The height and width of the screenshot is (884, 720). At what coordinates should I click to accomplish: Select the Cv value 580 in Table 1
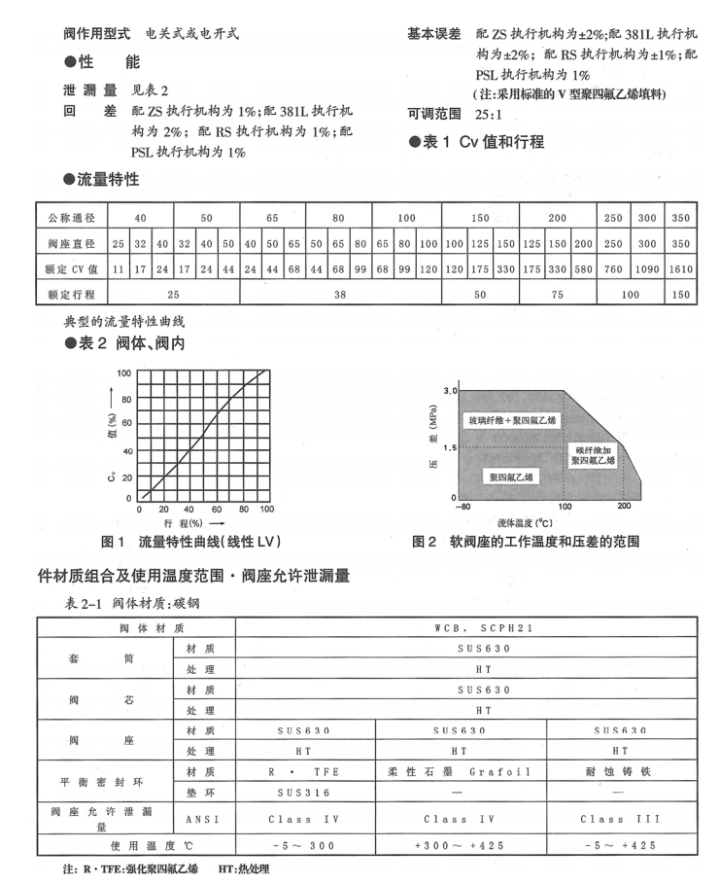(583, 266)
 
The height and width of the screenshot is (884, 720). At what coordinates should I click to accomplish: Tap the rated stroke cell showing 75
(558, 292)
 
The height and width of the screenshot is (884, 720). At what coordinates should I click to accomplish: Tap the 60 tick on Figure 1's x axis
(216, 510)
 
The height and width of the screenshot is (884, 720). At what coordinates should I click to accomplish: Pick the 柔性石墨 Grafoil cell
(459, 771)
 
